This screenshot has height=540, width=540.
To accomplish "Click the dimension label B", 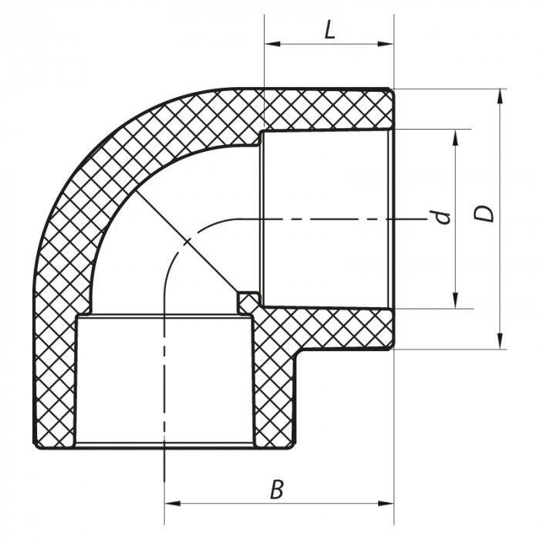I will pyautogui.click(x=276, y=488).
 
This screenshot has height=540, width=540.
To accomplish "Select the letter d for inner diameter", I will pyautogui.click(x=441, y=217).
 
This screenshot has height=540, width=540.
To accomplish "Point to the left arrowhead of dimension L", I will pyautogui.click(x=271, y=44).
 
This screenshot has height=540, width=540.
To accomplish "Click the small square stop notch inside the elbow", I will pyautogui.click(x=247, y=302).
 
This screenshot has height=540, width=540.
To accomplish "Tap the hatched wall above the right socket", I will pyautogui.click(x=328, y=109).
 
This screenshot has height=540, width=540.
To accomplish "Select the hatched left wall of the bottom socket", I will pyautogui.click(x=56, y=378).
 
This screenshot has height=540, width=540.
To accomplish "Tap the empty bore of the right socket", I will pyautogui.click(x=328, y=220).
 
